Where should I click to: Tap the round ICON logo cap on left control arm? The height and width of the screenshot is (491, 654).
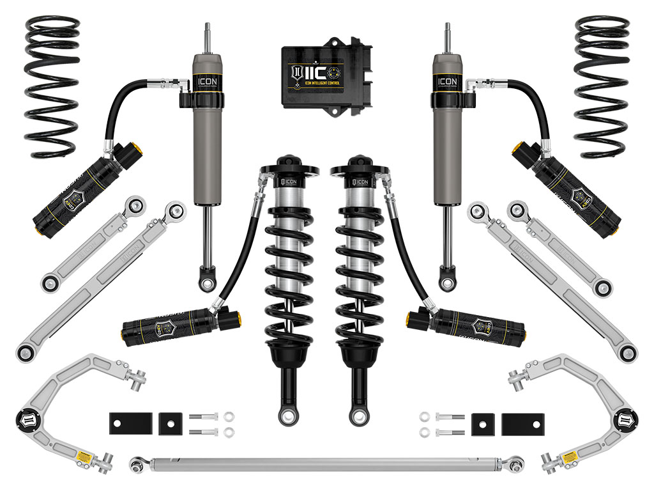(27, 419)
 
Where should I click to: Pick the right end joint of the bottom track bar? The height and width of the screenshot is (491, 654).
(516, 460)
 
